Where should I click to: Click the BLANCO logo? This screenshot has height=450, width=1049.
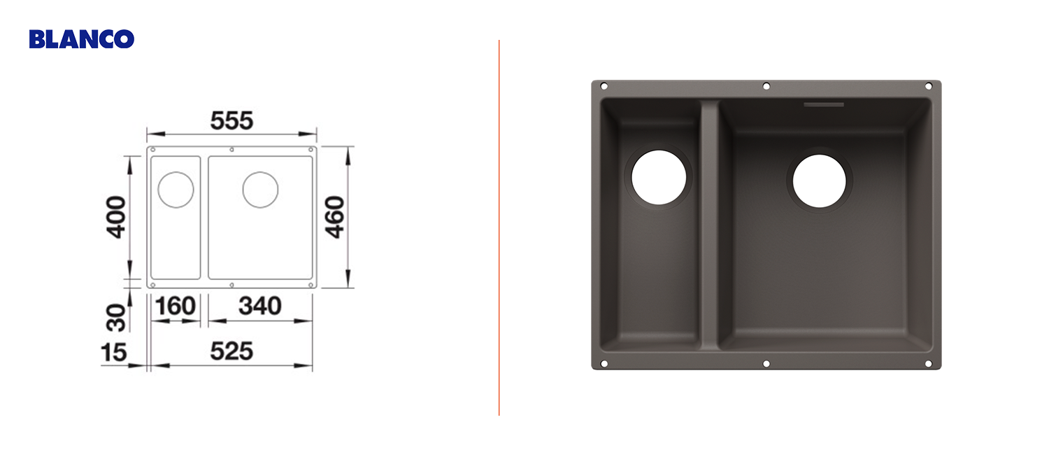(82, 39)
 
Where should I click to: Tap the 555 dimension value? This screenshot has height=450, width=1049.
(231, 120)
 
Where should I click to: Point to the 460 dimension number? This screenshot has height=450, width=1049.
(335, 217)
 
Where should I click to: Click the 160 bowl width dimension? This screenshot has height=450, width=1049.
(175, 306)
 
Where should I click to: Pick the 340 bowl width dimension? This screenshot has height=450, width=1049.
(260, 306)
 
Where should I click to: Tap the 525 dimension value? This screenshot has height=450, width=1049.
(231, 351)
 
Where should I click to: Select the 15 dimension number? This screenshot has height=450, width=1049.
(114, 353)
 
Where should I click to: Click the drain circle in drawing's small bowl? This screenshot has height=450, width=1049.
(176, 172)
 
